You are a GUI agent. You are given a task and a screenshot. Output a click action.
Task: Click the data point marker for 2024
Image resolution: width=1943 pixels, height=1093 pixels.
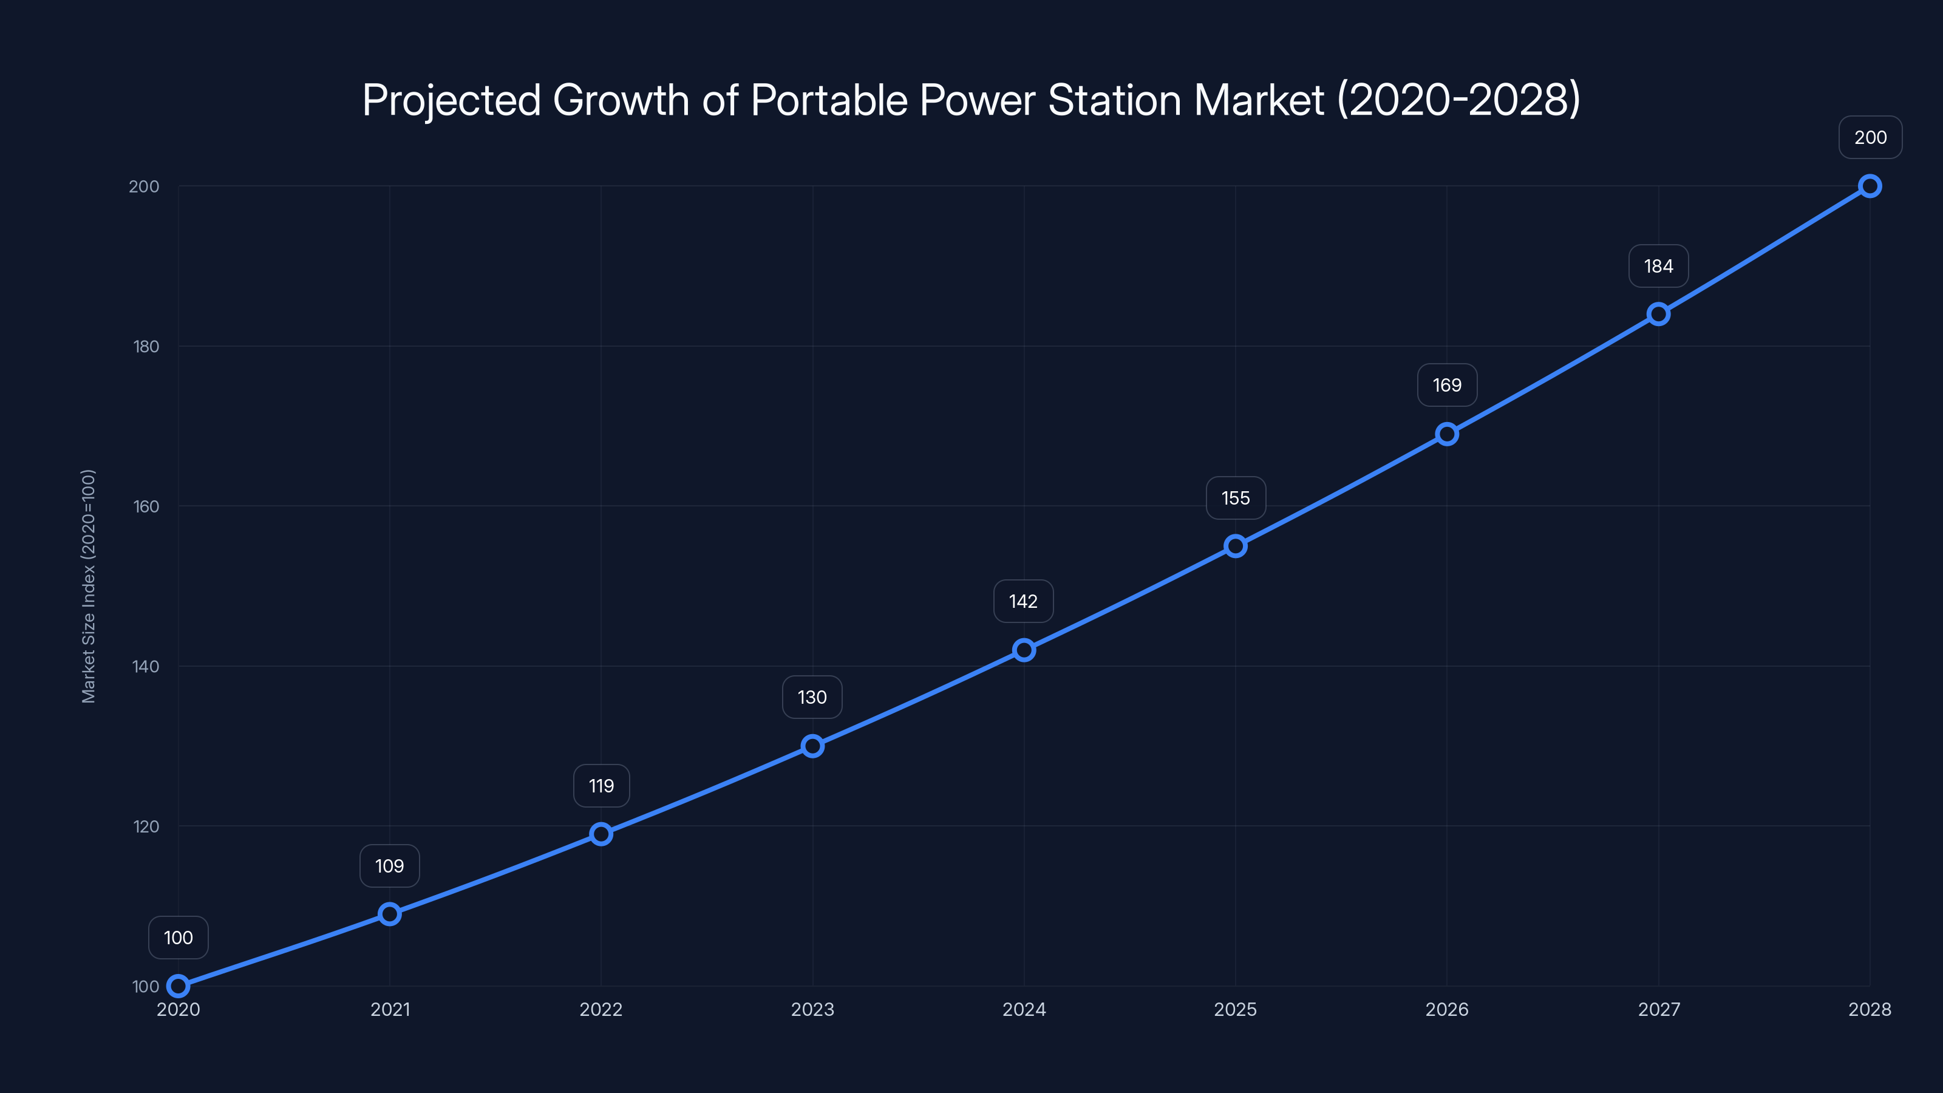click(1024, 650)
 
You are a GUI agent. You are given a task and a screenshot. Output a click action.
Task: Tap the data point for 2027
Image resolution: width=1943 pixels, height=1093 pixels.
click(1658, 314)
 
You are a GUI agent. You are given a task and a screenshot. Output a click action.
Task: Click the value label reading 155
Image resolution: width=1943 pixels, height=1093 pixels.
click(1236, 498)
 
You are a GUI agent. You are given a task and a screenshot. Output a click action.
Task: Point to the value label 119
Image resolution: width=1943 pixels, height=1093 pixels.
click(601, 785)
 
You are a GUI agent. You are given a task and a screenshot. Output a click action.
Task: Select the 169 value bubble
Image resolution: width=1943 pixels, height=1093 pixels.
click(1447, 385)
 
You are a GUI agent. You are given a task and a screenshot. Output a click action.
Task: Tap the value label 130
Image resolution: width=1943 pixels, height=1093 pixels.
click(812, 697)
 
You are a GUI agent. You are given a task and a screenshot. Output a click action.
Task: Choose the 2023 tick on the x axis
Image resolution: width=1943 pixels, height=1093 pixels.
click(812, 1009)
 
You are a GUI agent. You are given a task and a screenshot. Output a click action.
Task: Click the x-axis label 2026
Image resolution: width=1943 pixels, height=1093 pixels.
click(1447, 1009)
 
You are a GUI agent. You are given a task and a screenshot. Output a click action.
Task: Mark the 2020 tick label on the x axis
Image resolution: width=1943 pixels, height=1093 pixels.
click(178, 1009)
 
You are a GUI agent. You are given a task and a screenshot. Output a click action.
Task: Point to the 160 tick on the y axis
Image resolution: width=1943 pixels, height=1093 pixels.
click(146, 506)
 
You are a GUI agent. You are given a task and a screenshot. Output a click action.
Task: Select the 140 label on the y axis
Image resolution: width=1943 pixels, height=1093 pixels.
click(146, 666)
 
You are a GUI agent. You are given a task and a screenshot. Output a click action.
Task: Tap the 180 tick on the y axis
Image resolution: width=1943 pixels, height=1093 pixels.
click(146, 346)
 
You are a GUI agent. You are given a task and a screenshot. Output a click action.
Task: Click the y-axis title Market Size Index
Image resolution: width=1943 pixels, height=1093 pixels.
click(88, 586)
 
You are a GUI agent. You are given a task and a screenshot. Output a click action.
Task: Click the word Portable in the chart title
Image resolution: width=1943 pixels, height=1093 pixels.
click(829, 100)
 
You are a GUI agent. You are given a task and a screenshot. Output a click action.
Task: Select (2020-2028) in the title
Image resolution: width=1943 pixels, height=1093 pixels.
click(1458, 100)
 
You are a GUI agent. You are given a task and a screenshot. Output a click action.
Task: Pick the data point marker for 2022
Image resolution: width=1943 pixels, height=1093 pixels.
click(601, 834)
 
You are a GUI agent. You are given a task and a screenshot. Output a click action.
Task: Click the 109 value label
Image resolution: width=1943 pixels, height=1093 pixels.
click(389, 865)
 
